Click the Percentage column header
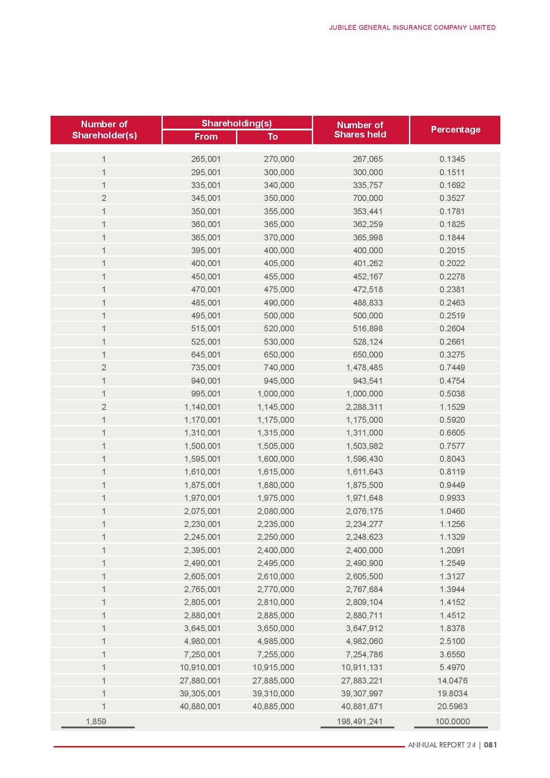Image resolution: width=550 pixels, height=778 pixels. point(456,130)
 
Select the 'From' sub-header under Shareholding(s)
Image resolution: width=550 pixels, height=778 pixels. point(206,137)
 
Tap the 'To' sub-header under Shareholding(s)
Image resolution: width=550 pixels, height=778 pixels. point(273,137)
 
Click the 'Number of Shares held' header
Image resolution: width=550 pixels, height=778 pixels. point(360,130)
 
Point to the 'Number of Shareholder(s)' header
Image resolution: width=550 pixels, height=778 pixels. point(104,130)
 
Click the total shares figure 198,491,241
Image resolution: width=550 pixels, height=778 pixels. point(359,721)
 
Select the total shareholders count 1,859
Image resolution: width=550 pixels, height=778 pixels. point(96,721)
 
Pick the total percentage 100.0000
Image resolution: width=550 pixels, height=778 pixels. point(452,721)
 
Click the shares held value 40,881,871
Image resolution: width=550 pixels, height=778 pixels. point(362,706)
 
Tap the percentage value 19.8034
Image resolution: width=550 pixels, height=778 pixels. point(452,693)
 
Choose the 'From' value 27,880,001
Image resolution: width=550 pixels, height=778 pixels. point(200,680)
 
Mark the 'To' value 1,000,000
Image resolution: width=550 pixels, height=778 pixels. point(275,393)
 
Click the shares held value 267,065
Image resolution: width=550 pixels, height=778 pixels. point(368,159)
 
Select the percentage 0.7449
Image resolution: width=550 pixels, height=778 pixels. point(452,367)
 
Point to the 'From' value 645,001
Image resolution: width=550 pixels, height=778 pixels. point(206,354)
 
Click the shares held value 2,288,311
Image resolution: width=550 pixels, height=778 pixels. point(364,407)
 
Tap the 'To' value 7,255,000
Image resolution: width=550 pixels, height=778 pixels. point(275,654)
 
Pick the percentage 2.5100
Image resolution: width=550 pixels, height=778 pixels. point(452,641)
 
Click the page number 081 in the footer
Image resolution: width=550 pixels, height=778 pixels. point(490,745)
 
